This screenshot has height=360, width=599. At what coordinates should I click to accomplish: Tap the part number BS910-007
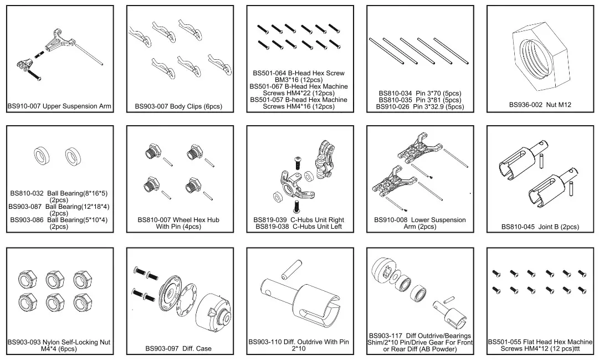point(24,106)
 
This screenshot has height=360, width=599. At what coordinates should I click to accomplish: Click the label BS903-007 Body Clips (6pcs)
point(178,106)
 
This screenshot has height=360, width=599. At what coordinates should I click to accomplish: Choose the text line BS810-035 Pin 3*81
point(420,100)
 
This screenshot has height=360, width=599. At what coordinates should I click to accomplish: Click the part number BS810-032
point(27,194)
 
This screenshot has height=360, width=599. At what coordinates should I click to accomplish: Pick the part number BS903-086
point(27,220)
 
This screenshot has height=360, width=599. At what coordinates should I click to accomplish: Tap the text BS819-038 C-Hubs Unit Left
point(299,227)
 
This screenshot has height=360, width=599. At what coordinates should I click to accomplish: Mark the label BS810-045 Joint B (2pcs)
point(540,227)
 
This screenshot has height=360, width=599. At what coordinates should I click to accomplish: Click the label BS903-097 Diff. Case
point(178,348)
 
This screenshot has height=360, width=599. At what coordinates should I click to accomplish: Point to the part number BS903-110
point(267,342)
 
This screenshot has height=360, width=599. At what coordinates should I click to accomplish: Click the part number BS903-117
point(387,336)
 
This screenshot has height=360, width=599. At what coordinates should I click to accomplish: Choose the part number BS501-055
point(507,342)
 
